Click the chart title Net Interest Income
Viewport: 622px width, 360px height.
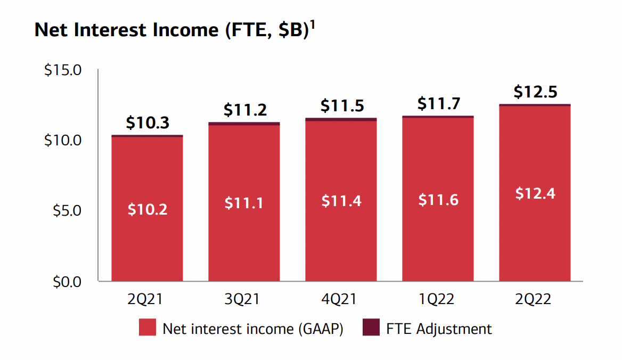coord(171,30)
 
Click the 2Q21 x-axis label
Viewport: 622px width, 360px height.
coord(147,299)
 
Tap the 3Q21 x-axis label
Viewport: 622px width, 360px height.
coord(244,299)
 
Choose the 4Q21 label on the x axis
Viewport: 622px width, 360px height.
coord(341,299)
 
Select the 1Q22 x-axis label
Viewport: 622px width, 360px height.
coord(438,299)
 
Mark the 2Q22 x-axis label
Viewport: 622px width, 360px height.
coord(535,299)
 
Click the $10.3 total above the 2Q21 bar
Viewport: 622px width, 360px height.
coord(148,123)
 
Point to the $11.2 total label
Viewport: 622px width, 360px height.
coord(244,110)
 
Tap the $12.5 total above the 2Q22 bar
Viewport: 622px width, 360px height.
coord(535,92)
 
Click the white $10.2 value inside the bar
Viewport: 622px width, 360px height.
coord(148,209)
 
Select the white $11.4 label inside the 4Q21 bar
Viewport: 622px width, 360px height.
coord(341,201)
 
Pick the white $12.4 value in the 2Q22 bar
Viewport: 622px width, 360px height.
coord(535,193)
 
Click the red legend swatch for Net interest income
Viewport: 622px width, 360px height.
coord(147,328)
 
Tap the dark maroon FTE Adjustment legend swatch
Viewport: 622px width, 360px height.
coord(371,328)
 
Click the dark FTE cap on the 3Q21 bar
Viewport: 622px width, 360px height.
coord(244,124)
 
